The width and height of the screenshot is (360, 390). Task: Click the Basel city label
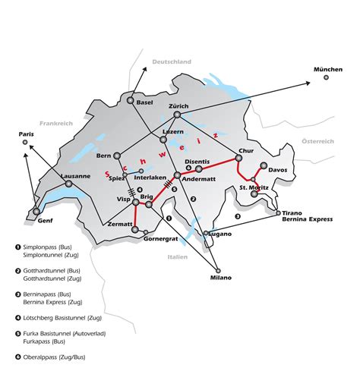tap(145, 102)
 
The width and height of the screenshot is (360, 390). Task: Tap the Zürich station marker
tap(177, 115)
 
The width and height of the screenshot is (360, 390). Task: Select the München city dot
tap(327, 77)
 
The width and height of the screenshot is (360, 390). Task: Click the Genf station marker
tap(36, 212)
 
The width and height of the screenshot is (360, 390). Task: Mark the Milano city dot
tap(218, 270)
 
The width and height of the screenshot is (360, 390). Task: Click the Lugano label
tap(222, 237)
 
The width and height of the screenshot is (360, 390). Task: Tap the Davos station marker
tap(263, 165)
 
